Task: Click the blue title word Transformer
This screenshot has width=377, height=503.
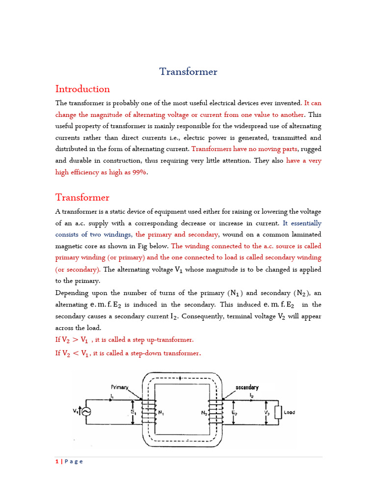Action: (188, 72)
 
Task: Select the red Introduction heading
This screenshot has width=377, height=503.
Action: (82, 89)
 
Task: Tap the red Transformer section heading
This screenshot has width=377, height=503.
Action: (82, 197)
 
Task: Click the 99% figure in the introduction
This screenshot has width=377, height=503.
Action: (138, 172)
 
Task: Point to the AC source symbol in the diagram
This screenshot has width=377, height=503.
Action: (86, 412)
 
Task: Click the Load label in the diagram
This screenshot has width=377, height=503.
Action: (290, 412)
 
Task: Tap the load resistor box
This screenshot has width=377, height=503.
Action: (278, 412)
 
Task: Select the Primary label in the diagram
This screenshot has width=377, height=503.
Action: (119, 387)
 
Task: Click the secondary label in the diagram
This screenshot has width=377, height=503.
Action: (247, 387)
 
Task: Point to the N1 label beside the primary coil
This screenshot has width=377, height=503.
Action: (161, 413)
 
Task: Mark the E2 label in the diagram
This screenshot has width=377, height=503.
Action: (234, 413)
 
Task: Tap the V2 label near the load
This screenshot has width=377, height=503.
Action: (267, 413)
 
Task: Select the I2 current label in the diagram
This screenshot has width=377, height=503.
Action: (251, 395)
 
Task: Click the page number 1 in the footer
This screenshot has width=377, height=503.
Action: (57, 461)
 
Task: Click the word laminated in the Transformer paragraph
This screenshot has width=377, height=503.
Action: (304, 234)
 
